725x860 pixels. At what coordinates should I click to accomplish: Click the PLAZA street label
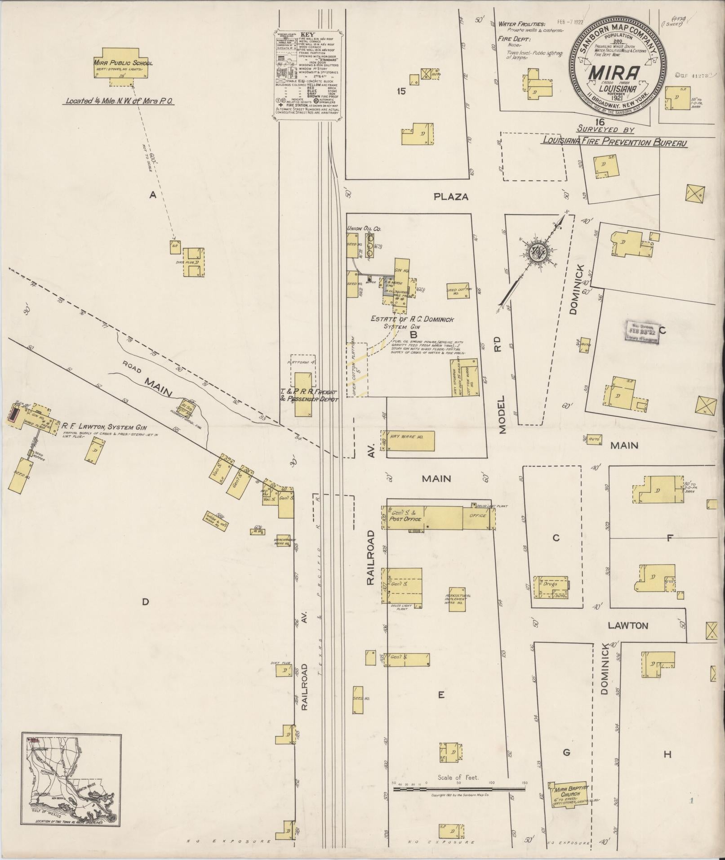[x=451, y=196]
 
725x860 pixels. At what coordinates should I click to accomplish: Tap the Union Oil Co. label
[x=364, y=229]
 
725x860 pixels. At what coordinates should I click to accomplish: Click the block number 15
[x=401, y=91]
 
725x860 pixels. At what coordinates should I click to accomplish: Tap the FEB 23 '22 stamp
[x=642, y=332]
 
